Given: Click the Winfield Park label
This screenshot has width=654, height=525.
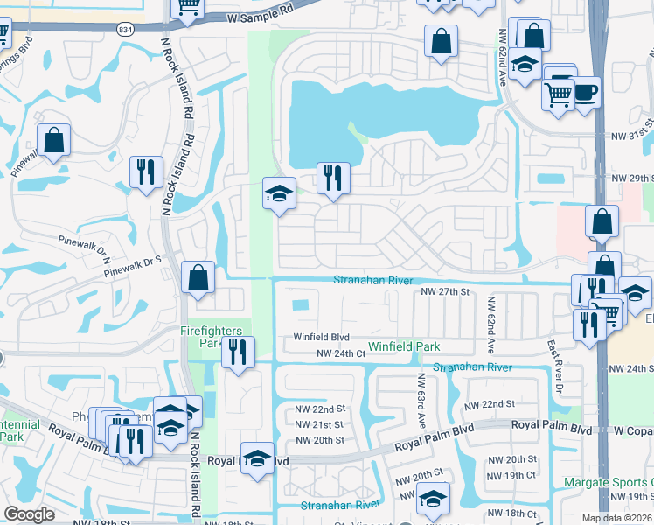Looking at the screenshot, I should (404, 346).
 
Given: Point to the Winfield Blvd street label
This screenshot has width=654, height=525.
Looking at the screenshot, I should (321, 337).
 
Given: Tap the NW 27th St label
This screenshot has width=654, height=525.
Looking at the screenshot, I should (445, 291).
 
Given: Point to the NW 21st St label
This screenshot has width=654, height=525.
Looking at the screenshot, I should (320, 424).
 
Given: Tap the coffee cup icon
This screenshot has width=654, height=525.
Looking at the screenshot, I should (585, 91).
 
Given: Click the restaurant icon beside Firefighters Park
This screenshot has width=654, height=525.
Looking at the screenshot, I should (237, 353).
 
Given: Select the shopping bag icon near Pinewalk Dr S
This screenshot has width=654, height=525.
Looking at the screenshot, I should (198, 277).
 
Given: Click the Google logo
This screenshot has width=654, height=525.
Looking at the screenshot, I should (29, 514).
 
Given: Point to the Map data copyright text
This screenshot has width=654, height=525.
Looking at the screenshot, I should (617, 518).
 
